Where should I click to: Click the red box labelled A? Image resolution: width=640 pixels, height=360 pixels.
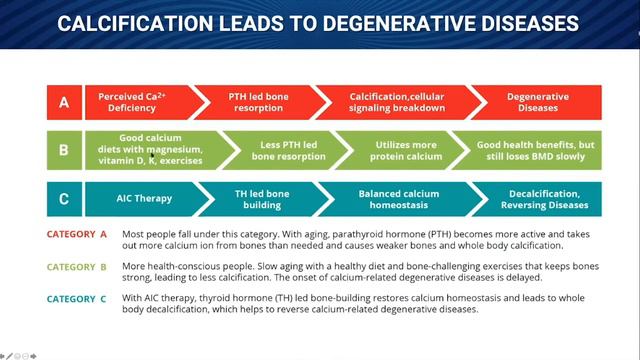tap(64, 102)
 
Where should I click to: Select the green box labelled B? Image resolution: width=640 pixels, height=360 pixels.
tap(64, 150)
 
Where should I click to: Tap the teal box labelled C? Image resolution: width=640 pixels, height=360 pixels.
tap(64, 199)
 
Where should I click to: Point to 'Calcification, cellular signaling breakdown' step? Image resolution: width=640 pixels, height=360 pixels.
tap(397, 102)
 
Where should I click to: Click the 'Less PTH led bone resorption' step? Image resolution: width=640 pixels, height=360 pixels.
tap(288, 150)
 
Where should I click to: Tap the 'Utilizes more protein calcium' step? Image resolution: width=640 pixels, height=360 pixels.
tap(404, 150)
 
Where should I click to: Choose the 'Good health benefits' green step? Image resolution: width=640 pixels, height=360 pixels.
tap(531, 150)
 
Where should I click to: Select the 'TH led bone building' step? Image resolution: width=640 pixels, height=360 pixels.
tap(263, 199)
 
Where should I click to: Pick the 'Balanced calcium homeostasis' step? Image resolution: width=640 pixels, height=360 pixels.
tap(399, 199)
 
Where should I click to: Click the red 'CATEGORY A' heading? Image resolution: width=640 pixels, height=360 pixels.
tap(77, 234)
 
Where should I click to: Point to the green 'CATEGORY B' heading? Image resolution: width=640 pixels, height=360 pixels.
tap(77, 267)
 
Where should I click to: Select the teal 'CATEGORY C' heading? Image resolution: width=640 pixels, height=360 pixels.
tap(77, 299)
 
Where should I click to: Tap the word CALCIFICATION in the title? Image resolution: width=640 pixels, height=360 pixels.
tap(135, 23)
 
